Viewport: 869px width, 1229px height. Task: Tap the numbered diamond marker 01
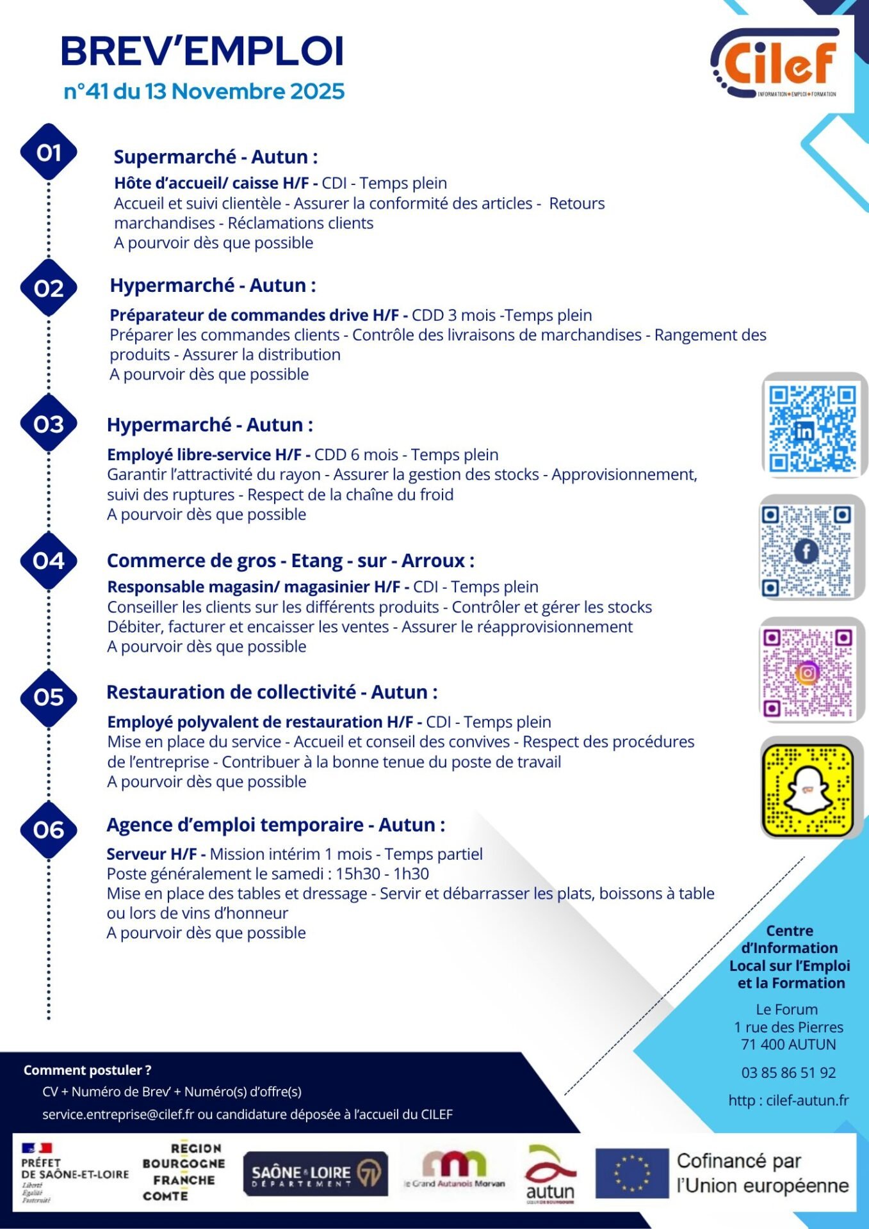[x=49, y=152]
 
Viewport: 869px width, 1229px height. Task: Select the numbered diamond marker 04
[x=49, y=561]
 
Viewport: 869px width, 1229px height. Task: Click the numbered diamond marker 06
[x=49, y=830]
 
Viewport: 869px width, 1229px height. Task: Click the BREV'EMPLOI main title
[x=202, y=51]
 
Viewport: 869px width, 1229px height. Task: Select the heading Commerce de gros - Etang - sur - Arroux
[x=290, y=561]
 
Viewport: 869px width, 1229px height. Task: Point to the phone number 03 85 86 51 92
[x=788, y=1073]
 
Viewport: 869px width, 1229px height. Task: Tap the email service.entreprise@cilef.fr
[x=118, y=1114]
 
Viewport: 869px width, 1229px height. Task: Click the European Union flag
[x=631, y=1173]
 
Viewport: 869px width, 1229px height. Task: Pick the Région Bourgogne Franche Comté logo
[x=183, y=1171]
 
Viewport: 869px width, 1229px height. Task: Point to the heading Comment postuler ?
[x=87, y=1070]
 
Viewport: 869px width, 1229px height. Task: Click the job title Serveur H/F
[x=156, y=854]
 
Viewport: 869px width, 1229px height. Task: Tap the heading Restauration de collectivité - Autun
[x=272, y=692]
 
